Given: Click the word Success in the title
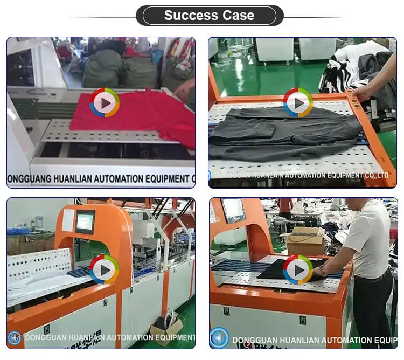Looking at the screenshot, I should [x=188, y=15].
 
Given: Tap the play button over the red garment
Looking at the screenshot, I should [x=105, y=102].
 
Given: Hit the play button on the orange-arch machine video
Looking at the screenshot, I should [x=105, y=269].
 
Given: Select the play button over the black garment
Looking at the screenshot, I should [x=298, y=269].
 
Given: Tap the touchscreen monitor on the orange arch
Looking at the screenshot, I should [x=85, y=221].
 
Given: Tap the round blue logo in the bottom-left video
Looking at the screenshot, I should [x=15, y=338].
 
